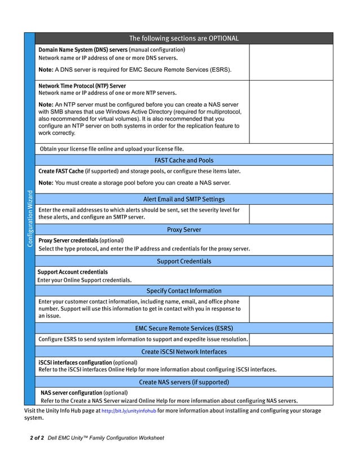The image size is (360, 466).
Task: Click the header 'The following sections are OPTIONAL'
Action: coord(184,38)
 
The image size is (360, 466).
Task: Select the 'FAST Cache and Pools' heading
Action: coord(184,160)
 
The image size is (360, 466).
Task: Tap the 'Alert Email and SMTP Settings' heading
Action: coord(184,199)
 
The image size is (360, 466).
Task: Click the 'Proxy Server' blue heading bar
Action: coord(184,230)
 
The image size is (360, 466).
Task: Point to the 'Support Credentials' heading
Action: coord(184,261)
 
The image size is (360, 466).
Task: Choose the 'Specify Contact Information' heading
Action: coord(184,291)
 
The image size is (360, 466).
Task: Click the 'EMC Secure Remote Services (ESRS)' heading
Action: coord(184,328)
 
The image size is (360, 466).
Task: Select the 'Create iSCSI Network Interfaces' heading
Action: coord(184,351)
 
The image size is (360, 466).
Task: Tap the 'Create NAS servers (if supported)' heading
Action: coord(184,382)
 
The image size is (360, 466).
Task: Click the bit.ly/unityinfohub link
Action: coord(129,411)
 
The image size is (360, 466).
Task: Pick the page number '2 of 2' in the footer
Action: coord(37,438)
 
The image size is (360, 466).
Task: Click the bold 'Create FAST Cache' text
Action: coord(61,171)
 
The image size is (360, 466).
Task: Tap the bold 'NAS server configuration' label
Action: coord(72,393)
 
